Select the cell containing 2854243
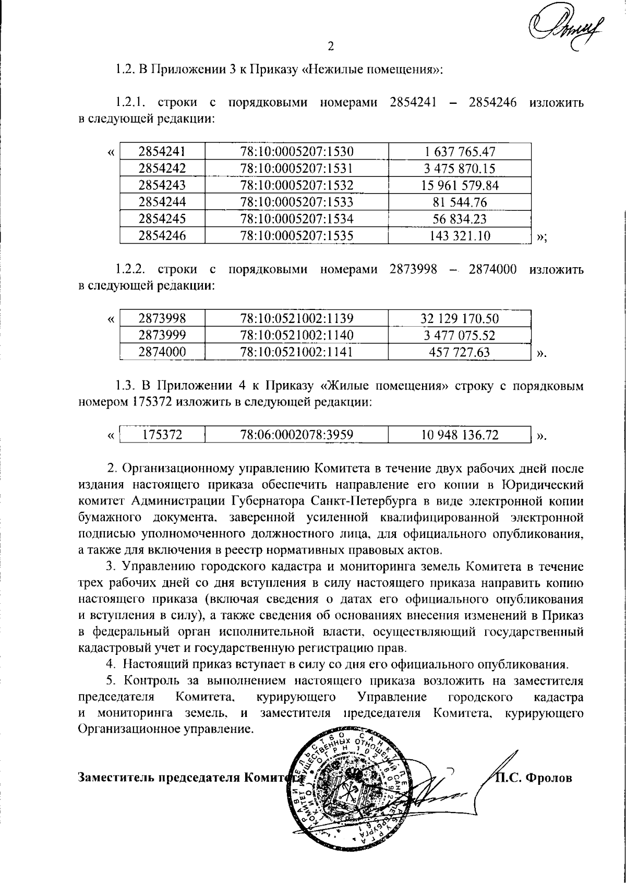point(162,185)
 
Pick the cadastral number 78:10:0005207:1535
point(297,235)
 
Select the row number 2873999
point(162,335)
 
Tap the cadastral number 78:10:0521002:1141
point(297,352)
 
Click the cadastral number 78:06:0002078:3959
point(297,435)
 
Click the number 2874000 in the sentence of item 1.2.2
point(492,269)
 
